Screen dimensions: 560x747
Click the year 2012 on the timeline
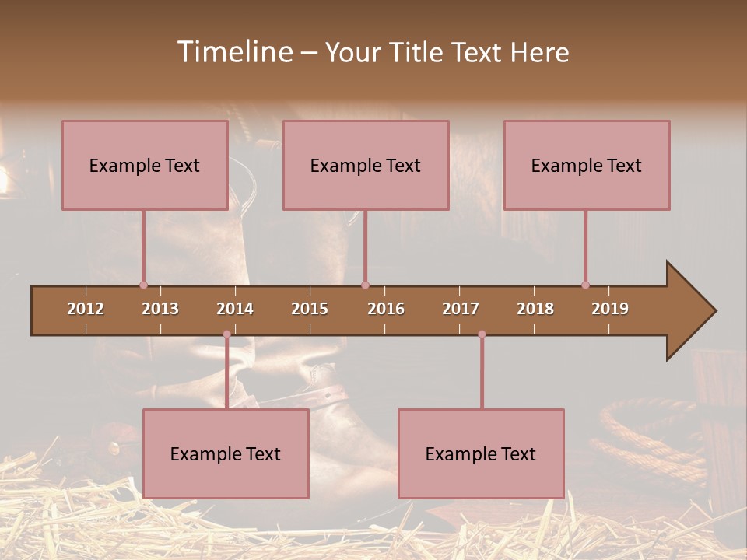point(86,309)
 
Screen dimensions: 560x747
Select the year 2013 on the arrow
point(160,309)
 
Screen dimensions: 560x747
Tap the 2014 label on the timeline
point(235,309)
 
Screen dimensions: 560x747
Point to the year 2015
point(310,309)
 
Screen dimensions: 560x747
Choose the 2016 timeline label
point(386,309)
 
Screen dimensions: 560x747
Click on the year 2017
point(461,309)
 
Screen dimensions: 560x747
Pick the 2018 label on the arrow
point(535,309)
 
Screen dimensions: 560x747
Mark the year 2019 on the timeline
point(610,309)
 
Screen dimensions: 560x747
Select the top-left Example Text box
point(145,165)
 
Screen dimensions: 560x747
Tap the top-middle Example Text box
point(366,165)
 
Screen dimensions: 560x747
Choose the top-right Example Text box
point(587,165)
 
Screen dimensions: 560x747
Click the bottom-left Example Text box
point(226,453)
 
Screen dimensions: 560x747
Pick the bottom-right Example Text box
point(481,453)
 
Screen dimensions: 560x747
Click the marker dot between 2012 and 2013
point(143,285)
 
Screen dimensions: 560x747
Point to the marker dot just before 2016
point(365,285)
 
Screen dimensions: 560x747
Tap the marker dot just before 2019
point(585,285)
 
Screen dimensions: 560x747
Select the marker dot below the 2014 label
point(226,334)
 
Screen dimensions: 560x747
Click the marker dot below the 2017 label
point(482,334)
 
